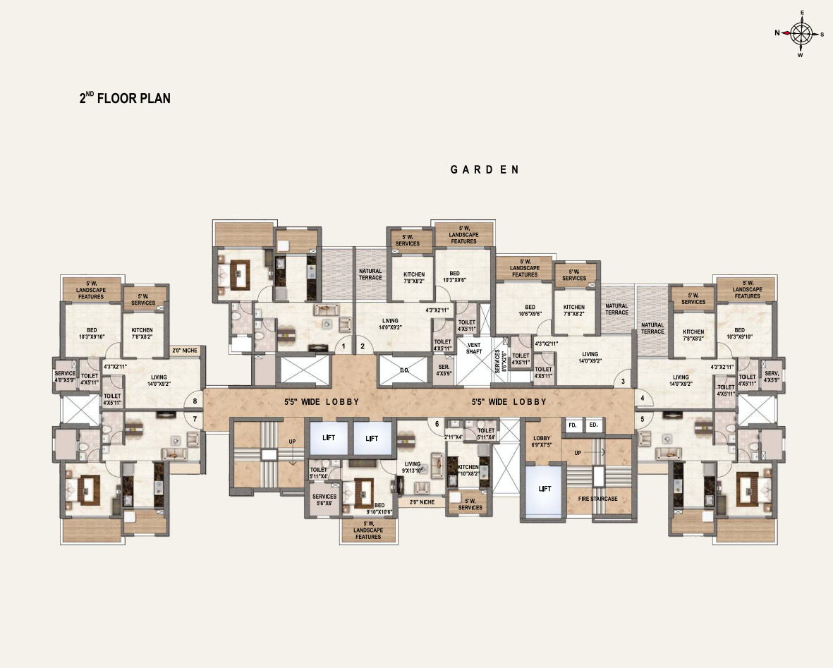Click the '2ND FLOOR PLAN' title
[125, 98]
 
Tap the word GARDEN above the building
[485, 169]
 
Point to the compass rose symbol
[801, 33]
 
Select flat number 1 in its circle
[343, 346]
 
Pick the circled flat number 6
[437, 424]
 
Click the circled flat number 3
[623, 382]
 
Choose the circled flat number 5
[643, 418]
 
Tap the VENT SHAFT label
[474, 348]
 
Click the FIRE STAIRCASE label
[597, 499]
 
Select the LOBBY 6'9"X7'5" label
[542, 442]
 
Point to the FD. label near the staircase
[573, 425]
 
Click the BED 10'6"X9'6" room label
[524, 310]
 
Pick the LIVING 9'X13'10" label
[413, 467]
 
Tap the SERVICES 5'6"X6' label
[324, 499]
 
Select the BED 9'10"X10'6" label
[379, 509]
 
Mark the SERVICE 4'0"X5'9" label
[65, 377]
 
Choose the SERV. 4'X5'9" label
[771, 377]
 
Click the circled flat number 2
[363, 346]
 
